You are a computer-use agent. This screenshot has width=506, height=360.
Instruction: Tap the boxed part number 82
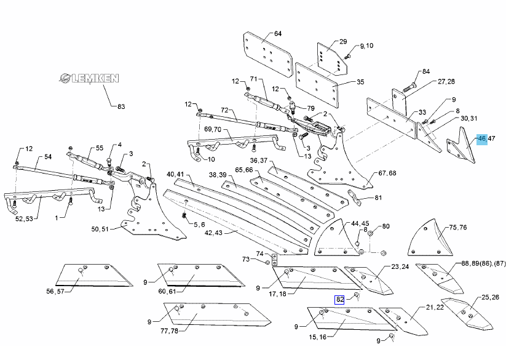tap(339, 300)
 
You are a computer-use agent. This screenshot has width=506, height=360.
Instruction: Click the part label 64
tap(277, 33)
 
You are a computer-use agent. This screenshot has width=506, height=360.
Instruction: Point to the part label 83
tap(121, 106)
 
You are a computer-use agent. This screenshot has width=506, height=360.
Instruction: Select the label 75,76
tap(459, 227)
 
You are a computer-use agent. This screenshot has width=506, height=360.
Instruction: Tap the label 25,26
tap(490, 297)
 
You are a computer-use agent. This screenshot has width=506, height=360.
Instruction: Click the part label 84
tap(426, 71)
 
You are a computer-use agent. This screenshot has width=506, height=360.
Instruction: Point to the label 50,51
tap(100, 229)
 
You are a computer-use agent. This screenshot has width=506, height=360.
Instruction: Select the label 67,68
tap(387, 173)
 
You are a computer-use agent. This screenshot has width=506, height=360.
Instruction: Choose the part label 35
tap(360, 82)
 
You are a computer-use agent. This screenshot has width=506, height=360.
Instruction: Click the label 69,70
tap(212, 129)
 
